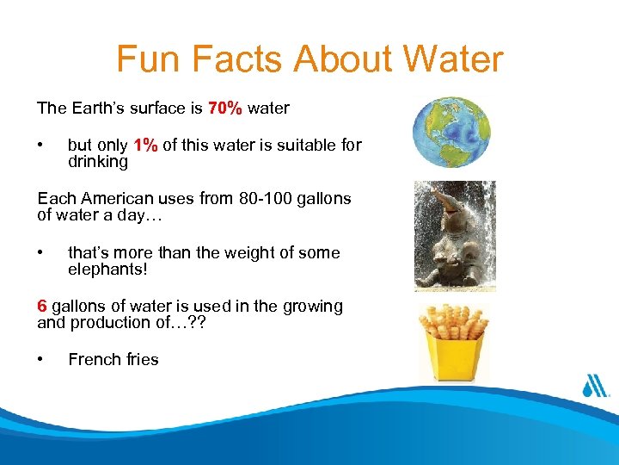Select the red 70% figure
click(x=224, y=108)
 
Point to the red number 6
click(x=41, y=307)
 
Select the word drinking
click(x=97, y=162)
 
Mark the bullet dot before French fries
click(x=40, y=359)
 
